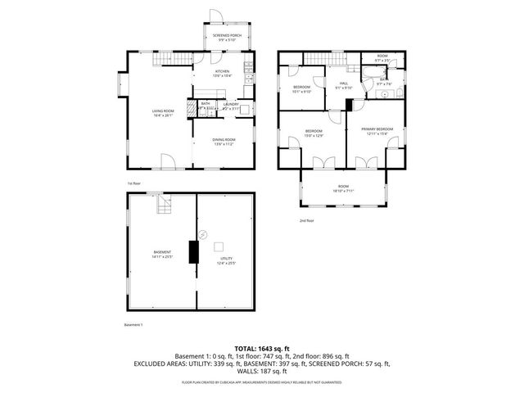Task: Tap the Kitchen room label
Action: coord(222,74)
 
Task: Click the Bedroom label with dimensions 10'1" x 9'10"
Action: coord(302,88)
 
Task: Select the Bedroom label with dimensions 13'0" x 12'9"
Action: coord(314,133)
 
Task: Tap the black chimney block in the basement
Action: coord(194,251)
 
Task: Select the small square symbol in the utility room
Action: coord(219,246)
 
